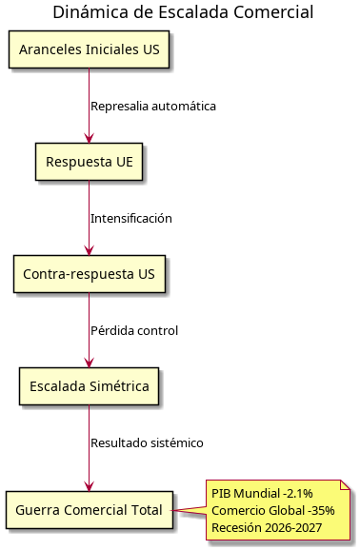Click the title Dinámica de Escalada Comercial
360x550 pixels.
(183, 12)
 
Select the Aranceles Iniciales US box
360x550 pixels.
(90, 50)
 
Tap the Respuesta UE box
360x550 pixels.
(90, 162)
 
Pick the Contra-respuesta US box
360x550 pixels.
(90, 274)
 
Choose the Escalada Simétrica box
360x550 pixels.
(90, 386)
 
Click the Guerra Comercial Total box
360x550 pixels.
(90, 510)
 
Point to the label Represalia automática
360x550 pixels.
(153, 106)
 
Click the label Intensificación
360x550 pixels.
(131, 218)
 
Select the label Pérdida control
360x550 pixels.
(134, 330)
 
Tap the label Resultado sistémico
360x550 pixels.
(147, 442)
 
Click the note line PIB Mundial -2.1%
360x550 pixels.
(262, 494)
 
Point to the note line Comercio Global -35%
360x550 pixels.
(272, 511)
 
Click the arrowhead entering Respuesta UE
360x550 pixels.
(90, 139)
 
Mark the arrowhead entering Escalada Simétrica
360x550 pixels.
(90, 363)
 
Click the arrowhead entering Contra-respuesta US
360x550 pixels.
(90, 251)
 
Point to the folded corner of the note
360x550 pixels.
(348, 486)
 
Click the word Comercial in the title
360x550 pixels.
(275, 12)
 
